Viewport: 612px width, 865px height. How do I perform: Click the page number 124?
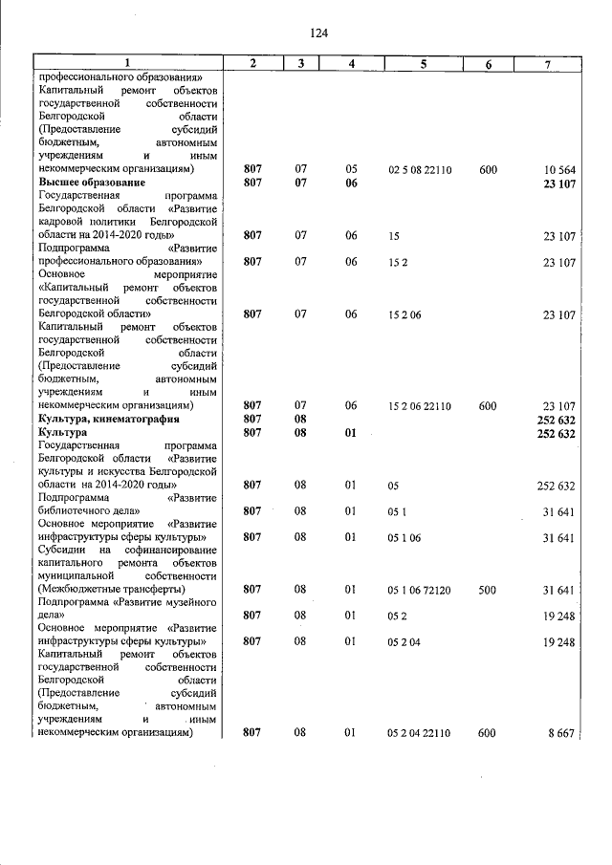pos(319,32)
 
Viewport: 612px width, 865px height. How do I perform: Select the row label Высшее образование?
pos(92,182)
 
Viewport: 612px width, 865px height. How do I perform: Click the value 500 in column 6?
pos(488,590)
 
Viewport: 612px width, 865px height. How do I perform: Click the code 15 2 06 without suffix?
pos(404,314)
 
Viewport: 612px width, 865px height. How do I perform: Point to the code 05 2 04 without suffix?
pos(404,642)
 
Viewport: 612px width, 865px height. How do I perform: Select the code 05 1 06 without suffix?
pos(404,537)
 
